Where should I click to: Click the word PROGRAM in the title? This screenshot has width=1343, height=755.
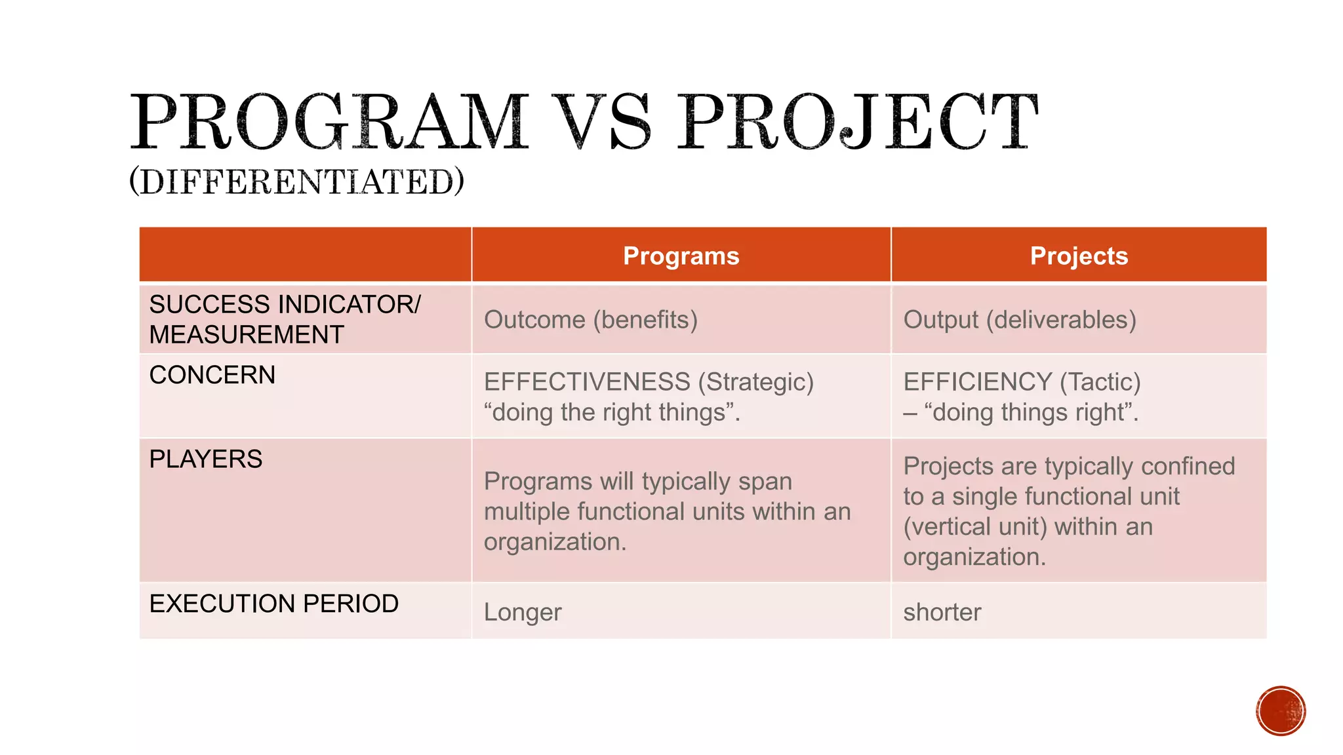point(329,123)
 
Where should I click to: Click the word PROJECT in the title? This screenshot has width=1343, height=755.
point(858,123)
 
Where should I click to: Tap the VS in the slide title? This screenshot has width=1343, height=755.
point(601,123)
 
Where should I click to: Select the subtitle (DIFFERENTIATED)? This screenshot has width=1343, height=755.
point(296,182)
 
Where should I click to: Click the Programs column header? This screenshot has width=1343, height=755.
point(681,256)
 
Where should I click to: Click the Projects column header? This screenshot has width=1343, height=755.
point(1079,256)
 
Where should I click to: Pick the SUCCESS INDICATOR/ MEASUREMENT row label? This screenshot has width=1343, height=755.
point(285,319)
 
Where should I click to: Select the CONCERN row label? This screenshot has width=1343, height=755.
point(212,375)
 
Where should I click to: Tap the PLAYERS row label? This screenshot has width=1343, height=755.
point(206,459)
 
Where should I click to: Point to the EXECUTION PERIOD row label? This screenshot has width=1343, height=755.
point(274,603)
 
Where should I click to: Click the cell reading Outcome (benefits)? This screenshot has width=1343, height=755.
point(590,320)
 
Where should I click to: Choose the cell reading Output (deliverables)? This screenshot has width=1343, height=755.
point(1020,320)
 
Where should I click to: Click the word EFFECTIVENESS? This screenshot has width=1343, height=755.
point(587,381)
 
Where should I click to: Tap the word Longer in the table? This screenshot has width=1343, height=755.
point(523,612)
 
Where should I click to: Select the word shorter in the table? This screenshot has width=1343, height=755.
point(942,612)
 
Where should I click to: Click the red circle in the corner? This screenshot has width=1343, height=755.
point(1281,711)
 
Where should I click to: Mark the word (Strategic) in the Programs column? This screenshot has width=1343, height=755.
point(755,381)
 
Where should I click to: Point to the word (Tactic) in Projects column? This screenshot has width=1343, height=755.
point(1100,381)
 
